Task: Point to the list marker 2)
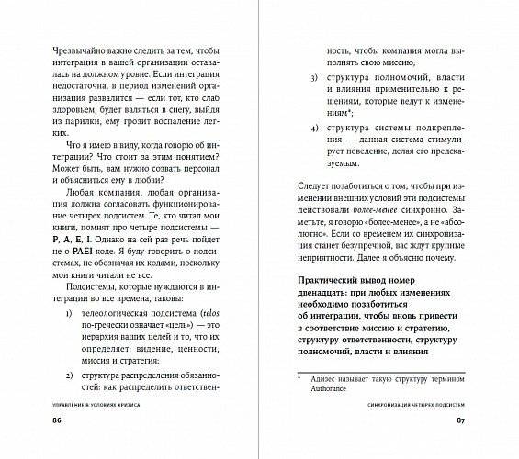72,375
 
